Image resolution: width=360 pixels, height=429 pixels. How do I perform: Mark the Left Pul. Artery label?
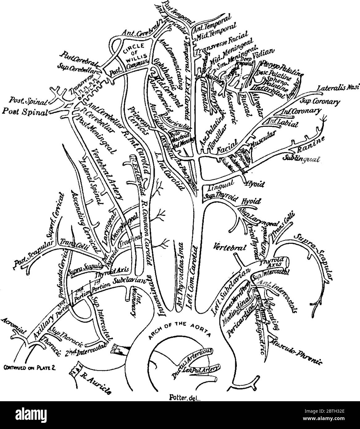click(x=200, y=369)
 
